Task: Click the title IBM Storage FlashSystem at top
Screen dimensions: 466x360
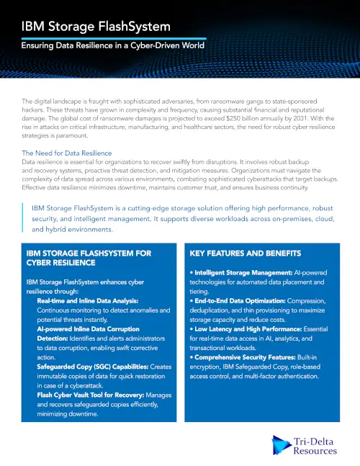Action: (96, 27)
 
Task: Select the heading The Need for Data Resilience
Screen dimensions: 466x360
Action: (67, 153)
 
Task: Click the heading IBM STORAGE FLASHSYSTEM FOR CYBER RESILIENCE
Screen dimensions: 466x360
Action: (88, 259)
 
